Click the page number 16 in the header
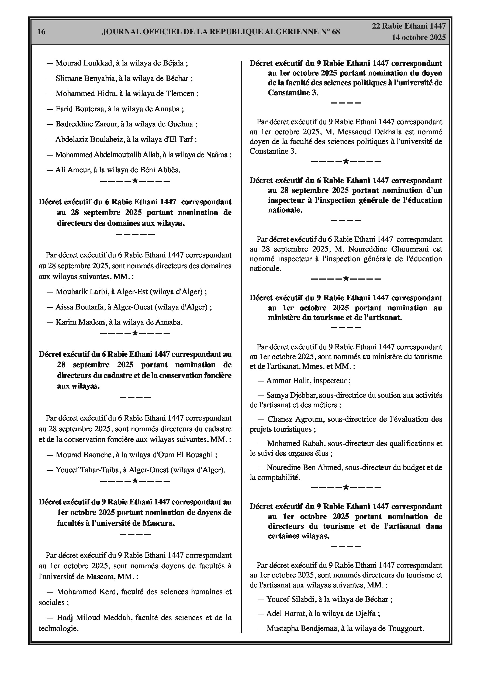point(41,32)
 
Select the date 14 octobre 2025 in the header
point(418,37)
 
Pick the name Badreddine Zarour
point(87,124)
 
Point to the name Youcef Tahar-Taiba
point(87,470)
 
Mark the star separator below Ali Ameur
point(135,181)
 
